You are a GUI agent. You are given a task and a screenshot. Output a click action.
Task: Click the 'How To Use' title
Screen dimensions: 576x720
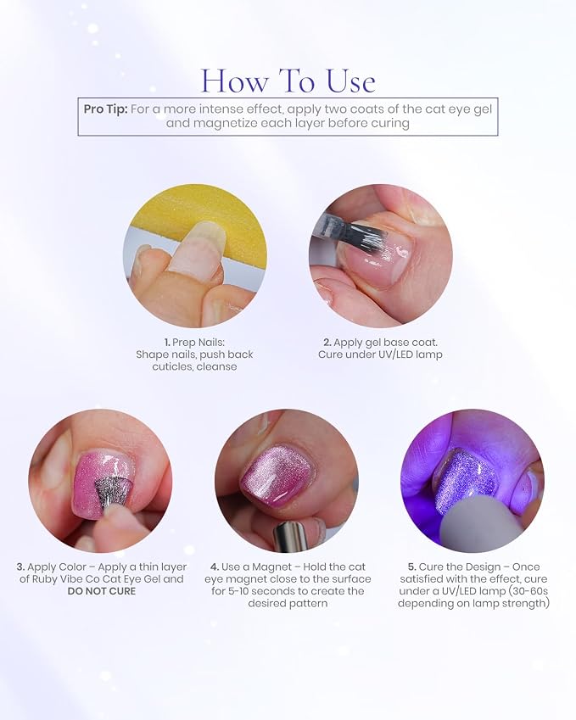[288, 81]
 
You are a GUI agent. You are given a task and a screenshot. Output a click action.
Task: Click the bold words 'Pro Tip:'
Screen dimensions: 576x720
[106, 109]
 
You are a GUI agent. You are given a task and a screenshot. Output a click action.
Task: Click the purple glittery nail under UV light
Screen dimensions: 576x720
[467, 480]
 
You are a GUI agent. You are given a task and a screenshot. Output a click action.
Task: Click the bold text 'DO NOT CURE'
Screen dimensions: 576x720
[102, 591]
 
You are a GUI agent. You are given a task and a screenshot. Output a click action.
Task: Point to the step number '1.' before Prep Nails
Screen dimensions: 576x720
[167, 343]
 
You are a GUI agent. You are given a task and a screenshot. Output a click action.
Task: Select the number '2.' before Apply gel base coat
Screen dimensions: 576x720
[327, 343]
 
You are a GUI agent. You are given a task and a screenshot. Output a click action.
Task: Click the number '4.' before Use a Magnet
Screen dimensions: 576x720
[215, 567]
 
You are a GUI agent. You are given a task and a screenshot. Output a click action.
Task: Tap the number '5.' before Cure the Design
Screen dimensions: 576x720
[412, 567]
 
